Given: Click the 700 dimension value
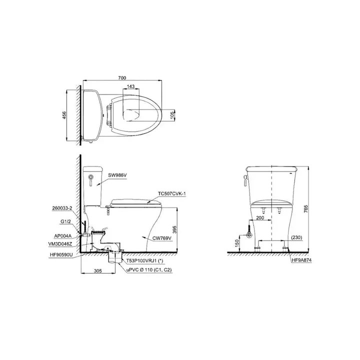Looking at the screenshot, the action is [122, 78].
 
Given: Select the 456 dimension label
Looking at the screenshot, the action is [64, 115].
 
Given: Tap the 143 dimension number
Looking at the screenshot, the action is [130, 86].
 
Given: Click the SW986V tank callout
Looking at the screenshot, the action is [117, 175].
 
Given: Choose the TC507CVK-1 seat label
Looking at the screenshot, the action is [171, 194].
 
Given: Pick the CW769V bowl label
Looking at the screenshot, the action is [162, 238].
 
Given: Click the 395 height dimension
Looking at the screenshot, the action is [174, 229].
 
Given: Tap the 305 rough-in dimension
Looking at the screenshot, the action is [98, 271].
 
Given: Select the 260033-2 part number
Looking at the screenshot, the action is [62, 208].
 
